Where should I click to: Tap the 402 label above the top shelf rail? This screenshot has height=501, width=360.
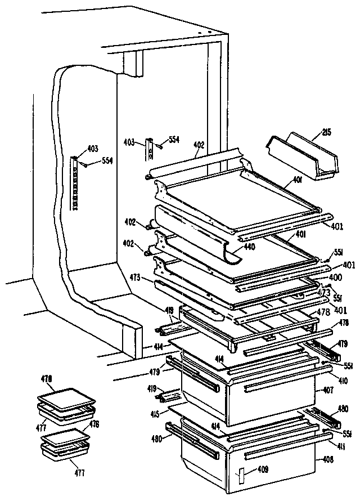[199, 145]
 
